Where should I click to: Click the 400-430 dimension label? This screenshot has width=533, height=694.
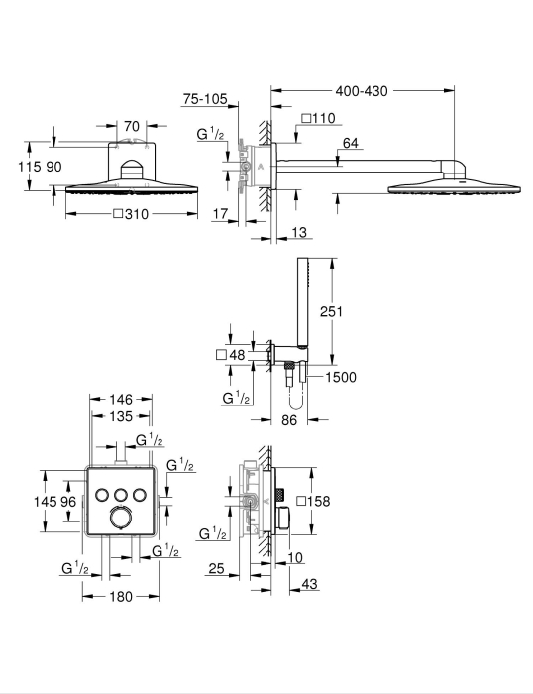coord(362,91)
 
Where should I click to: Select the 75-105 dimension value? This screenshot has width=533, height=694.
coord(205,99)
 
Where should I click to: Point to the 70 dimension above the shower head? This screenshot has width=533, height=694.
coord(132,126)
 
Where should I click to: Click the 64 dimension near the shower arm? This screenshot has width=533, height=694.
coord(350,143)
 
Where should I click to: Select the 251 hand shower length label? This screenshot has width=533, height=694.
coord(331,311)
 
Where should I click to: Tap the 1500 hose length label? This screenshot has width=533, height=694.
coord(341,377)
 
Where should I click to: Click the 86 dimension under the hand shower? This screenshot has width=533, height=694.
coord(289,420)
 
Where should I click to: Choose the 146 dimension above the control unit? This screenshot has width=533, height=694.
coord(121,400)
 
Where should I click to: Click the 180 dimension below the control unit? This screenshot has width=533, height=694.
coord(121,597)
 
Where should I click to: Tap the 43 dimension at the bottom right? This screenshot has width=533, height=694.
coord(309,584)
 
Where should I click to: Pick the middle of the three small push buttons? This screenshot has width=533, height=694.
coord(121,494)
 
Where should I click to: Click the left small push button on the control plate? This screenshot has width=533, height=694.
coord(102,494)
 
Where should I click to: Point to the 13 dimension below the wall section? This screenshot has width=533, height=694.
coord(299,232)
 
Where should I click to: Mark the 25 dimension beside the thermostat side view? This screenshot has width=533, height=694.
coord(216,568)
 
